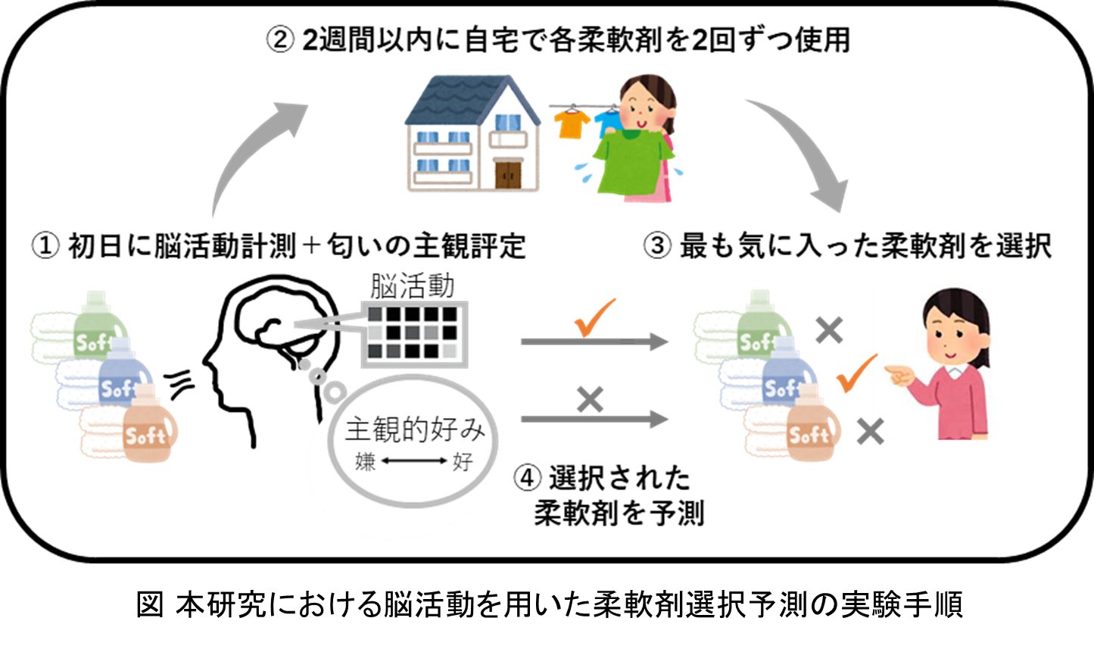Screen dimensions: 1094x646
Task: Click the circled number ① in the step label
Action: pos(45,245)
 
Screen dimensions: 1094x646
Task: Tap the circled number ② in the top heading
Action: pos(280,39)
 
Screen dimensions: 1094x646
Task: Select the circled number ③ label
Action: pos(657,245)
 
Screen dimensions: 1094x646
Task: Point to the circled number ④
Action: pos(528,478)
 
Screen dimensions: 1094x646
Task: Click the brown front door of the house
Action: pos(508,174)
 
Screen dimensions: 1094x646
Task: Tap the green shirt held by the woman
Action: pos(632,161)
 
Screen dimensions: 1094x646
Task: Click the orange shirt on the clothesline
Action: pos(572,123)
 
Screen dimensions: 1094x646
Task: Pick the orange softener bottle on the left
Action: pos(149,424)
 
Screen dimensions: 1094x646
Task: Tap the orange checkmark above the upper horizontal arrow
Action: pos(594,317)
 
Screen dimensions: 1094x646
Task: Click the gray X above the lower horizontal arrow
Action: pos(591,400)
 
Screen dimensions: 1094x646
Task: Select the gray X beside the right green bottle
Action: pos(829,330)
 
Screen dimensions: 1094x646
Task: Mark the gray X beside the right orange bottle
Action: pos(871,432)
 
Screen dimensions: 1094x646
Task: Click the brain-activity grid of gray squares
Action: pos(414,334)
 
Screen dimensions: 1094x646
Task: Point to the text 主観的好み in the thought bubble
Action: pos(415,429)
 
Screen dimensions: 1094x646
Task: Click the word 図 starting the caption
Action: pos(149,604)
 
